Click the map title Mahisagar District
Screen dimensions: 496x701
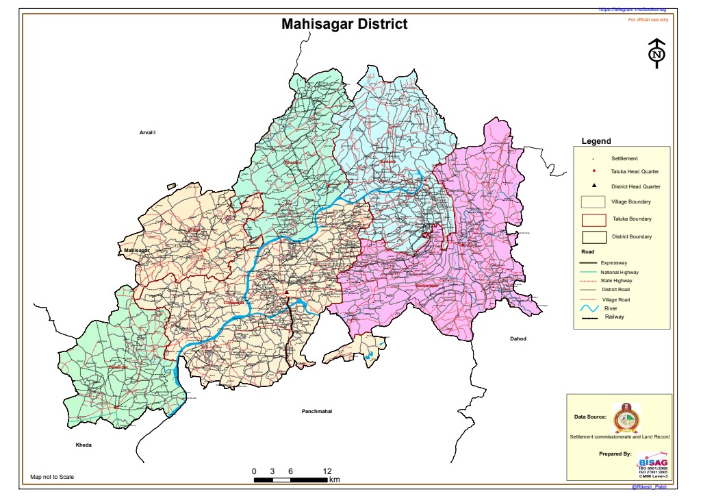pyautogui.click(x=344, y=25)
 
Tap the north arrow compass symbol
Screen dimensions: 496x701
pyautogui.click(x=657, y=53)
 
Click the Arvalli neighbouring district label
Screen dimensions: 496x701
pyautogui.click(x=148, y=132)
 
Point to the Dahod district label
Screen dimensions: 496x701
pyautogui.click(x=518, y=338)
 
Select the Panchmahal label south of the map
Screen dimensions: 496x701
pyautogui.click(x=316, y=411)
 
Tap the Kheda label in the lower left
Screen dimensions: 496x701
pyautogui.click(x=83, y=445)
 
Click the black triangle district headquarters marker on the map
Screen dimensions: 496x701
pyautogui.click(x=286, y=293)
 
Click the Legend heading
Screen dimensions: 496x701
pyautogui.click(x=596, y=141)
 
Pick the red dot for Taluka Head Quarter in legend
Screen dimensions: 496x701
pyautogui.click(x=594, y=171)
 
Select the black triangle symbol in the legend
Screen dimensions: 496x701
pyautogui.click(x=594, y=186)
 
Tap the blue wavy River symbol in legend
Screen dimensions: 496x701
pyautogui.click(x=590, y=309)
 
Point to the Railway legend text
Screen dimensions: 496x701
pyautogui.click(x=614, y=317)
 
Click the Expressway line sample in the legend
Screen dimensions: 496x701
pyautogui.click(x=589, y=263)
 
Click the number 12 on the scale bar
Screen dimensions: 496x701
pyautogui.click(x=327, y=471)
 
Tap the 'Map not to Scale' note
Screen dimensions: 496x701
pyautogui.click(x=52, y=477)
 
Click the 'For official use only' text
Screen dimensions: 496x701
pyautogui.click(x=648, y=20)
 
